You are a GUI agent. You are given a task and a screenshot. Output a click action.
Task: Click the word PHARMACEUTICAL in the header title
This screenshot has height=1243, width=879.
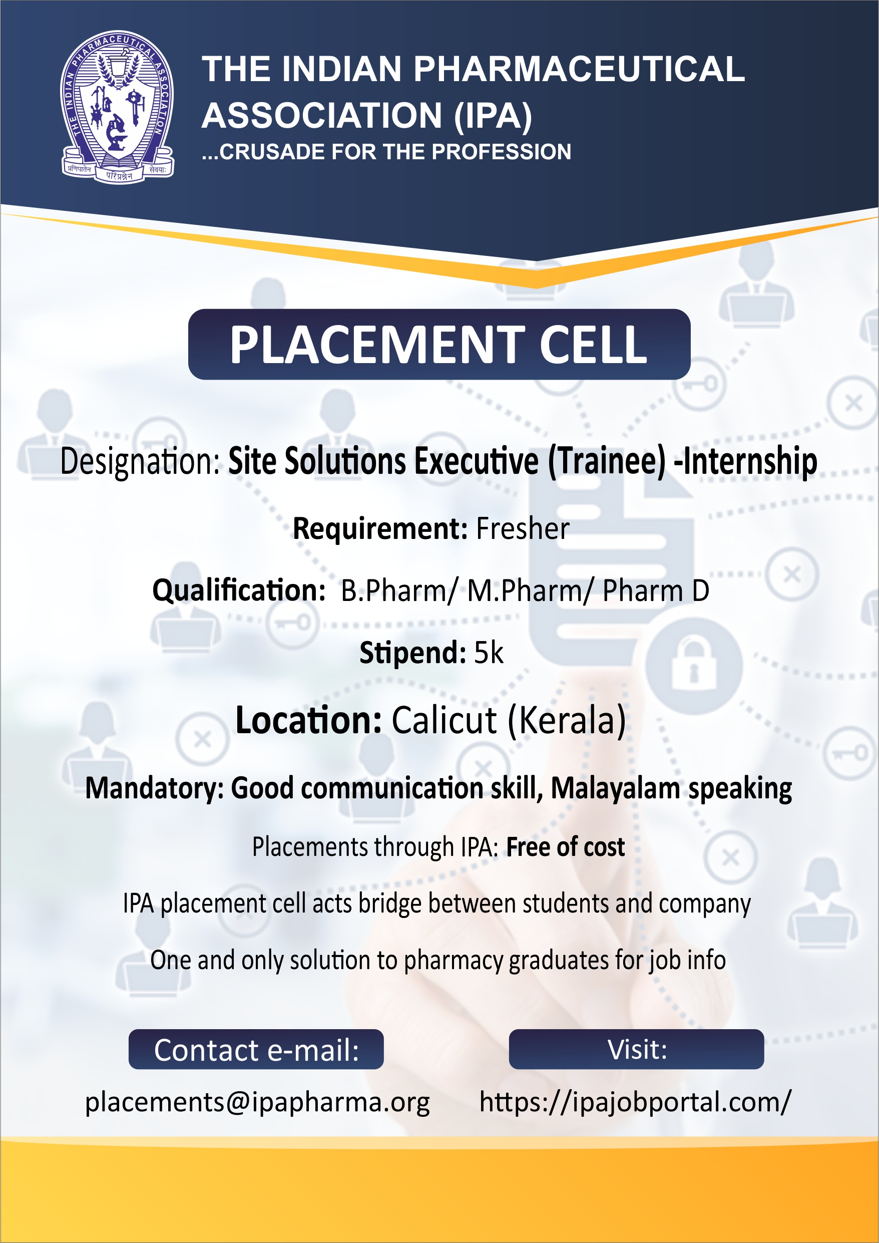pyautogui.click(x=580, y=69)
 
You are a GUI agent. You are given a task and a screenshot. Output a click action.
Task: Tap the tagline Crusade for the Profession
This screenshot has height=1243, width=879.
pyautogui.click(x=386, y=152)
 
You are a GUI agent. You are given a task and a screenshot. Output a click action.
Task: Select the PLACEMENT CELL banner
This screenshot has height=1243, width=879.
pyautogui.click(x=439, y=345)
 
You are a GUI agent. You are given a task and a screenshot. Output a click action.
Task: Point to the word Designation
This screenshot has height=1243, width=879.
pyautogui.click(x=140, y=461)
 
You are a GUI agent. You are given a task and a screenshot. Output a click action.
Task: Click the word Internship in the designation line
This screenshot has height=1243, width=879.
pyautogui.click(x=750, y=461)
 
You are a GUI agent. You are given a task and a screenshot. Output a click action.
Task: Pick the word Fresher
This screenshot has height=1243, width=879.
pyautogui.click(x=522, y=528)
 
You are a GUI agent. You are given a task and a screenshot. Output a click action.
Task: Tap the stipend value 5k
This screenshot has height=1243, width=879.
pyautogui.click(x=489, y=653)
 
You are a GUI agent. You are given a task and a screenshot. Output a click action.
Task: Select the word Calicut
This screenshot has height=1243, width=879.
pyautogui.click(x=444, y=721)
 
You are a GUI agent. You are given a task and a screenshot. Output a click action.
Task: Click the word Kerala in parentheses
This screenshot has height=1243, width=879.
pyautogui.click(x=567, y=721)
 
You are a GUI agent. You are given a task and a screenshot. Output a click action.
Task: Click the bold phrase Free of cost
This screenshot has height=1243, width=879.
pyautogui.click(x=565, y=847)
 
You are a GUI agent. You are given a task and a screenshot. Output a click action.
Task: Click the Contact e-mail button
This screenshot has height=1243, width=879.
pyautogui.click(x=256, y=1049)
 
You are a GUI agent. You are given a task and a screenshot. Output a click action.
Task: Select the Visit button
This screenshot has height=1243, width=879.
pyautogui.click(x=636, y=1049)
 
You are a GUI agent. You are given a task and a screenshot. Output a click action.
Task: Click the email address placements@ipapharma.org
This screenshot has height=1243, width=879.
pyautogui.click(x=258, y=1102)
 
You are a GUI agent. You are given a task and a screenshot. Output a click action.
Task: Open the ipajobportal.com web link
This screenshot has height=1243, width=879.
pyautogui.click(x=635, y=1102)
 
